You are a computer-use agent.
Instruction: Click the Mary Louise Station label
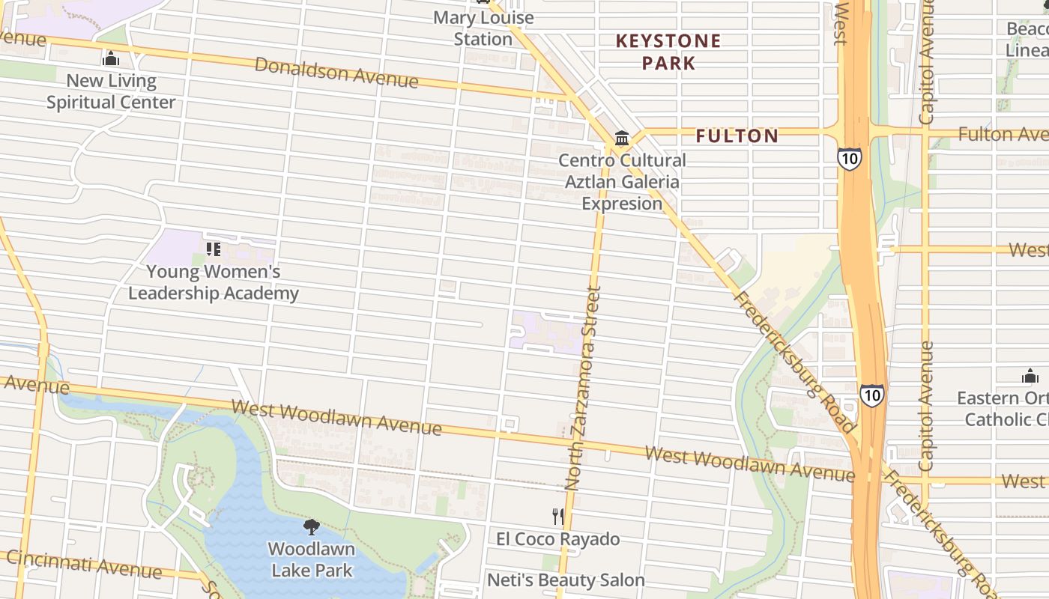[483, 28]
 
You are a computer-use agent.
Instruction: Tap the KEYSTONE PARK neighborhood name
[668, 52]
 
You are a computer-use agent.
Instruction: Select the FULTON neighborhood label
[737, 136]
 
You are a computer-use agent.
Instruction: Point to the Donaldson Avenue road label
[336, 73]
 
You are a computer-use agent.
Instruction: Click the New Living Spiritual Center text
[111, 91]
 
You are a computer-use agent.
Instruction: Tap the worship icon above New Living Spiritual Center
[111, 58]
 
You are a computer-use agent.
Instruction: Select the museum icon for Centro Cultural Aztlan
[622, 138]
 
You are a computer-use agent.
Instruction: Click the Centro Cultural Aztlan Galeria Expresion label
[622, 182]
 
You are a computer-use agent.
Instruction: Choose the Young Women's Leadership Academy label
[213, 282]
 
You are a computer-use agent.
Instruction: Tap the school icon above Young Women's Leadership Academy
[214, 249]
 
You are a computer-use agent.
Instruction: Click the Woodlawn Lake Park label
[311, 559]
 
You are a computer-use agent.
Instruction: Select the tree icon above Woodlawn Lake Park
[311, 527]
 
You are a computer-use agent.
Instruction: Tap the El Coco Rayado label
[557, 539]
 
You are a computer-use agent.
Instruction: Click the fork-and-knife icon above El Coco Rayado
[557, 516]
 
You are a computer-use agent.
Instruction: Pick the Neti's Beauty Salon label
[566, 580]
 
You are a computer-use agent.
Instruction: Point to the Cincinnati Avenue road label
[84, 565]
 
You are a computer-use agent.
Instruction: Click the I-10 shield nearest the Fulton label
[850, 158]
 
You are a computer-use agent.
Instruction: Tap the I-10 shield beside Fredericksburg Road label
[871, 395]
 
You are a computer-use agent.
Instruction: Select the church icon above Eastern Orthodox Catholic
[1030, 376]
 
